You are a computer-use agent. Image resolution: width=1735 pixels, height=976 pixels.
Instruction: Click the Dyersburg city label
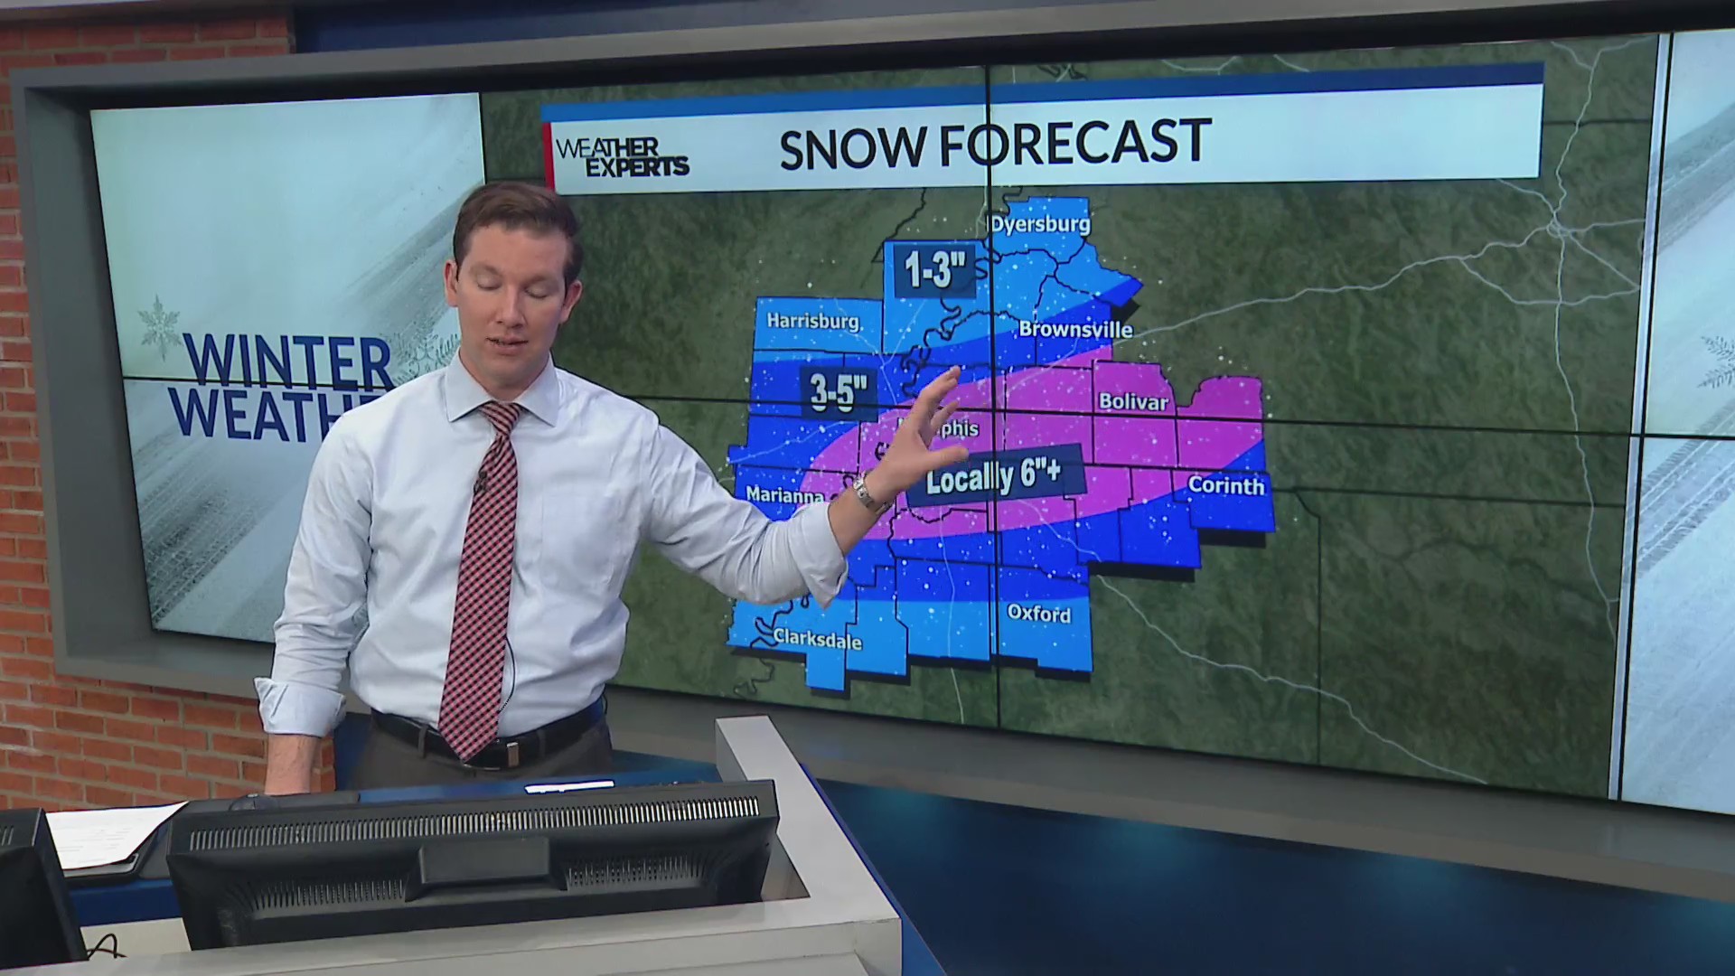[x=1040, y=224]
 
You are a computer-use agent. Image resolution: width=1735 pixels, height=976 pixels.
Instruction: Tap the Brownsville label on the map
[x=1075, y=330]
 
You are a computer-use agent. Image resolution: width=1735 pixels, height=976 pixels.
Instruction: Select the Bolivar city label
[x=1133, y=401]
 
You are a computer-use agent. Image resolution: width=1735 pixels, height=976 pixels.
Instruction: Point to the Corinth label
[x=1225, y=485]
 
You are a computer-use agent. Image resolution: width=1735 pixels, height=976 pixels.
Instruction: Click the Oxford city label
[x=1038, y=614]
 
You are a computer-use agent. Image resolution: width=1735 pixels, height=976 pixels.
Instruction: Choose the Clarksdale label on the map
[x=818, y=640]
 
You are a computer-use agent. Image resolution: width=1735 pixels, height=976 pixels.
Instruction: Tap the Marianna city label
[x=784, y=495]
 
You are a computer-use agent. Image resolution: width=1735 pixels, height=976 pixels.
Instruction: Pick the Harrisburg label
[x=812, y=321]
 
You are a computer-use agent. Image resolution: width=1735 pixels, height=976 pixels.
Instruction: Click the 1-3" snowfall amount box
[x=935, y=270]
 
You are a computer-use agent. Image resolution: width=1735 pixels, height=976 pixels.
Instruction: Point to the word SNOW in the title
[x=852, y=147]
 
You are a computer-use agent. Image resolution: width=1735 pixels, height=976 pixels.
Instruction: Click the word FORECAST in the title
[x=1075, y=143]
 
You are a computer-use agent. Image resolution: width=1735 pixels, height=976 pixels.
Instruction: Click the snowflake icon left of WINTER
[x=159, y=327]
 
